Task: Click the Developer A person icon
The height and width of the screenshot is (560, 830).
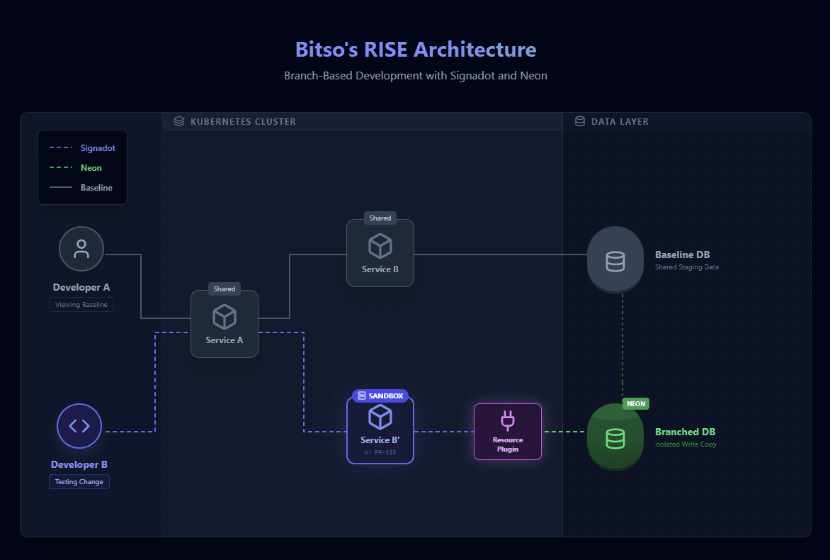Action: click(81, 249)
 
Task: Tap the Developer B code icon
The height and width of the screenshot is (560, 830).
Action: click(79, 426)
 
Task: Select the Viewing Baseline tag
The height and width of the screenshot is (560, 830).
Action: click(81, 304)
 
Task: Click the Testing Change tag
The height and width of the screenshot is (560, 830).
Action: click(79, 482)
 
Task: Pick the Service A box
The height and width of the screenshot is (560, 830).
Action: click(224, 324)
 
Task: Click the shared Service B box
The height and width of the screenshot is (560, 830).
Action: click(380, 253)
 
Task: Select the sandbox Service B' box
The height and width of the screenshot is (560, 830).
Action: click(380, 430)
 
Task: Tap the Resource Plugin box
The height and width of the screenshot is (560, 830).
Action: click(508, 432)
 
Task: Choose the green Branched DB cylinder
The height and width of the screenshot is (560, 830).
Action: click(615, 437)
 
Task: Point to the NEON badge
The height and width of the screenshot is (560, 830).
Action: click(636, 403)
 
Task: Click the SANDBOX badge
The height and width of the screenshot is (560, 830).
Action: click(380, 396)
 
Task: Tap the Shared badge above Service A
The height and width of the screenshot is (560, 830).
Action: click(224, 289)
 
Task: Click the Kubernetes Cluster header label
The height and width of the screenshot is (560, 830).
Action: click(243, 122)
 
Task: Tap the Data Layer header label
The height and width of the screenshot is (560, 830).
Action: click(620, 122)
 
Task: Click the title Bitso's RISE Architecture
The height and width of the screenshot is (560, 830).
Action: click(416, 50)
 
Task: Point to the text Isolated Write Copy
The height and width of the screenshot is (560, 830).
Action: click(686, 444)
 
